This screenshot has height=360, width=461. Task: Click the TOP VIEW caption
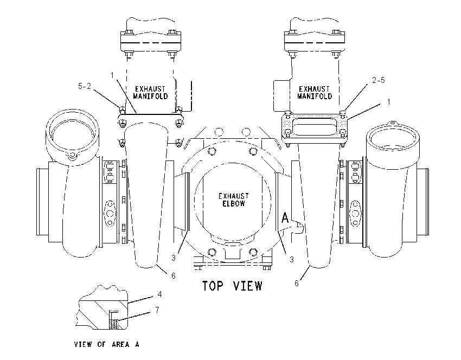232,286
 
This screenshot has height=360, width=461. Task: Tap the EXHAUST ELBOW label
233,200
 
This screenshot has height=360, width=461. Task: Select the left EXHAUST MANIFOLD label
150,93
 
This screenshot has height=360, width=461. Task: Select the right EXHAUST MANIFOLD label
314,93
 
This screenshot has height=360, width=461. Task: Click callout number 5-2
85,86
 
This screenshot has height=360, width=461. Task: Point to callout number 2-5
379,80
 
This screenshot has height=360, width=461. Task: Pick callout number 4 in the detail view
159,294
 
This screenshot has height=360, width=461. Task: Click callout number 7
157,310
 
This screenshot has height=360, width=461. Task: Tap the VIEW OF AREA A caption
106,344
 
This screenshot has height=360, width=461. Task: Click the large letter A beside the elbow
285,218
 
